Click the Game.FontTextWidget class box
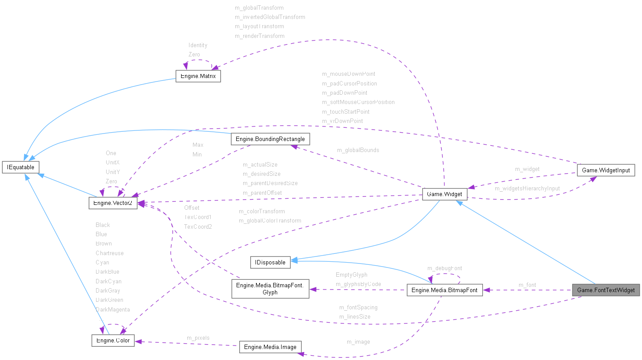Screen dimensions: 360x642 [605, 290]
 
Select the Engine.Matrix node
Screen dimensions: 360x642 [198, 76]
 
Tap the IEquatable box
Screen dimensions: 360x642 [21, 167]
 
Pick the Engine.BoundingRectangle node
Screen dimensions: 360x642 [270, 139]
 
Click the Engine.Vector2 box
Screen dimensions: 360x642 [113, 203]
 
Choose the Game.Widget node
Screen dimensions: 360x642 [445, 194]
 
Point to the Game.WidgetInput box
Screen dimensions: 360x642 [606, 170]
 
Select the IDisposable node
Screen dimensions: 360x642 [271, 262]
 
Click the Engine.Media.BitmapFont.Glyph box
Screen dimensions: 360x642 [270, 289]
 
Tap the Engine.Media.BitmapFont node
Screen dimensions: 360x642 [444, 290]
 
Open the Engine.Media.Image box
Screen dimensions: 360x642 [270, 347]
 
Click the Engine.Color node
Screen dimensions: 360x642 [113, 340]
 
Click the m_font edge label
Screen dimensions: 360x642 [527, 285]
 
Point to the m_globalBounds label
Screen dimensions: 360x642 [358, 150]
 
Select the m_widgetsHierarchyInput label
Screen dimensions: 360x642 [527, 189]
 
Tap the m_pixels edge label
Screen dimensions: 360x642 [198, 338]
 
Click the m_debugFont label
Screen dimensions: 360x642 [445, 268]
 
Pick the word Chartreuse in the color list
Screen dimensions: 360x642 [109, 253]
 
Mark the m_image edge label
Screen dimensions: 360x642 [358, 342]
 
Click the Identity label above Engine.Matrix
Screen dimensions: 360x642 [198, 45]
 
